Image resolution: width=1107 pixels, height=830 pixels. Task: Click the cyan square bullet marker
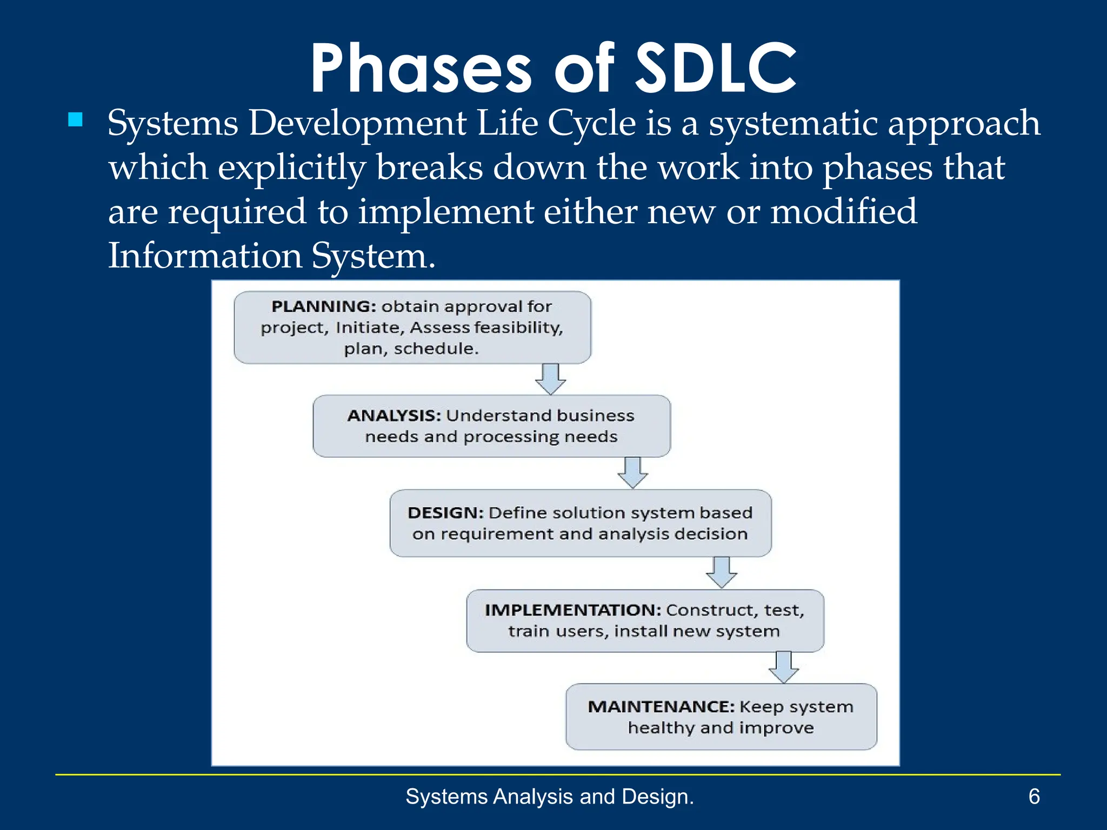point(76,119)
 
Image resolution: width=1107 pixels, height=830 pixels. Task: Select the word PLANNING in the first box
point(323,306)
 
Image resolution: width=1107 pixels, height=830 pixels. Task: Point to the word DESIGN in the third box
point(445,513)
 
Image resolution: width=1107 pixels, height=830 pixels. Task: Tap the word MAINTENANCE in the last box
point(661,707)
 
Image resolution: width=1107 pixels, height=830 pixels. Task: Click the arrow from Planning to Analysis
point(550,379)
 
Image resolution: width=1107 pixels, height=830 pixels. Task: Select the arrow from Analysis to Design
point(632,473)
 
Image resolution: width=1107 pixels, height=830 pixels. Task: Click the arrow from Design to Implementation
point(721,572)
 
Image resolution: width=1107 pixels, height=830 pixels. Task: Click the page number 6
point(1033,796)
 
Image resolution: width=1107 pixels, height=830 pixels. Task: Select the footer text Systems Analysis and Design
point(549,796)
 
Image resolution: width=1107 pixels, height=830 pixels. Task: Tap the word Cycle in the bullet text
point(591,123)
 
